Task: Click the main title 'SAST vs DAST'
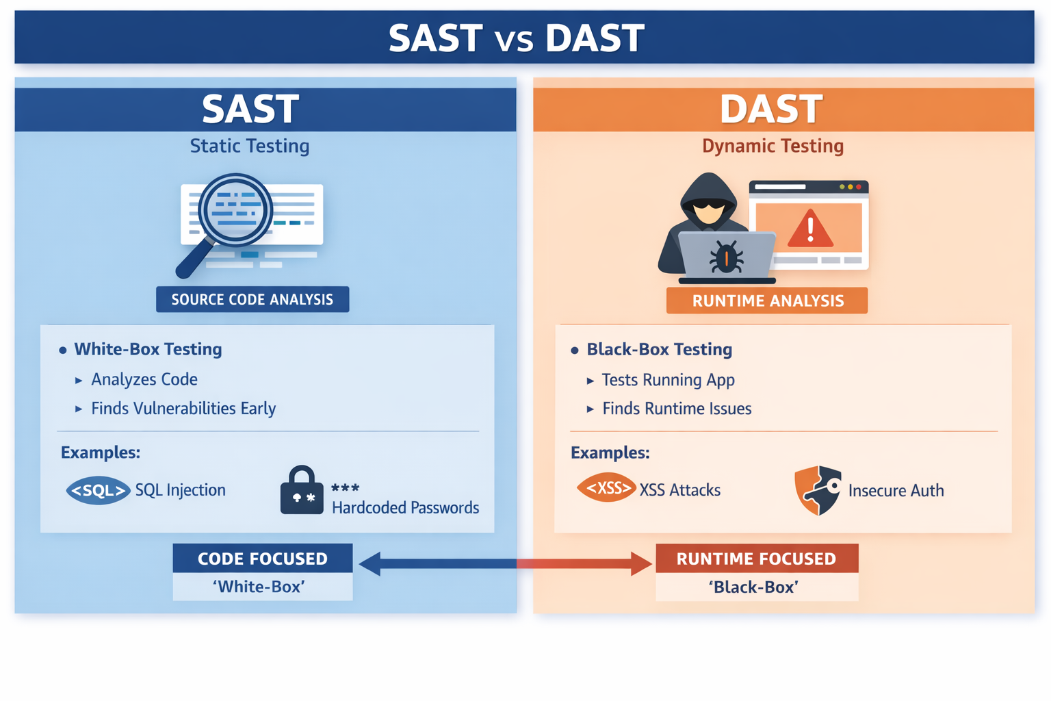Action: point(517,38)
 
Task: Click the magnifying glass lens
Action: point(235,209)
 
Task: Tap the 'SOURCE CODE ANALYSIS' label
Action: point(252,300)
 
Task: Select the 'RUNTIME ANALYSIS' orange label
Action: point(767,301)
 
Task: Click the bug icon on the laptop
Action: point(726,257)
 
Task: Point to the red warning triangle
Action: point(810,229)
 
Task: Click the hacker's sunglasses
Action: point(708,204)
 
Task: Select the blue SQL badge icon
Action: point(99,491)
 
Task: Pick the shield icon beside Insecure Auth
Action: point(818,490)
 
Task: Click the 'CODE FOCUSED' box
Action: point(263,559)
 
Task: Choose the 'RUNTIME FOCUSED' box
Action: point(756,559)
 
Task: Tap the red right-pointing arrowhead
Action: point(641,563)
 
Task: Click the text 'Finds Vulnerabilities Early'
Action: point(183,409)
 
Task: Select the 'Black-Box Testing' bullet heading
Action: point(659,350)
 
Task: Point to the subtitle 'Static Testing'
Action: point(250,146)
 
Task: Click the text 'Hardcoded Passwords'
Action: point(405,508)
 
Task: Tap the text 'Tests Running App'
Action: point(668,380)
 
